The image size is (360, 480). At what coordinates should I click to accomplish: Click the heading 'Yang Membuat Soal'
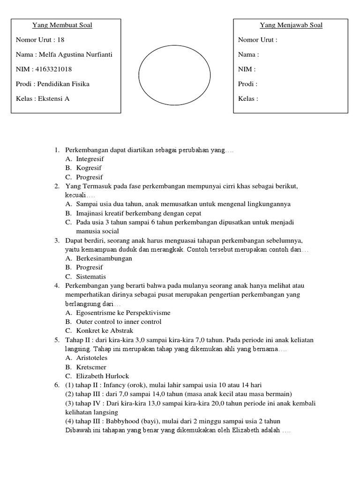point(62,25)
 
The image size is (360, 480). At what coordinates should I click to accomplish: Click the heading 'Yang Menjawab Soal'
point(291,25)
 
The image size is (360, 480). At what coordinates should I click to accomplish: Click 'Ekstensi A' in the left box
point(53,98)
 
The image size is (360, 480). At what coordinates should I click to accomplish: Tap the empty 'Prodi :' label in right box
point(247,84)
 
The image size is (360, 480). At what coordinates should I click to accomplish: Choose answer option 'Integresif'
point(90,159)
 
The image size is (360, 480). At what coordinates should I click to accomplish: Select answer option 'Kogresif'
point(89,168)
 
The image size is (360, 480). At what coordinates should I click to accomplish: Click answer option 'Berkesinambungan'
point(104,258)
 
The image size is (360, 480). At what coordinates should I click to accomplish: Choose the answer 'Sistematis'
point(91,277)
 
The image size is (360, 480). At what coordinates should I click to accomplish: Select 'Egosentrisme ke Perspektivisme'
point(123,313)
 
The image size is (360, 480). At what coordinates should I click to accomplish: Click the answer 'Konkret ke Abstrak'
point(105,330)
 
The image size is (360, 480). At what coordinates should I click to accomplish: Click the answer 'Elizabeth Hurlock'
point(103,376)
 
